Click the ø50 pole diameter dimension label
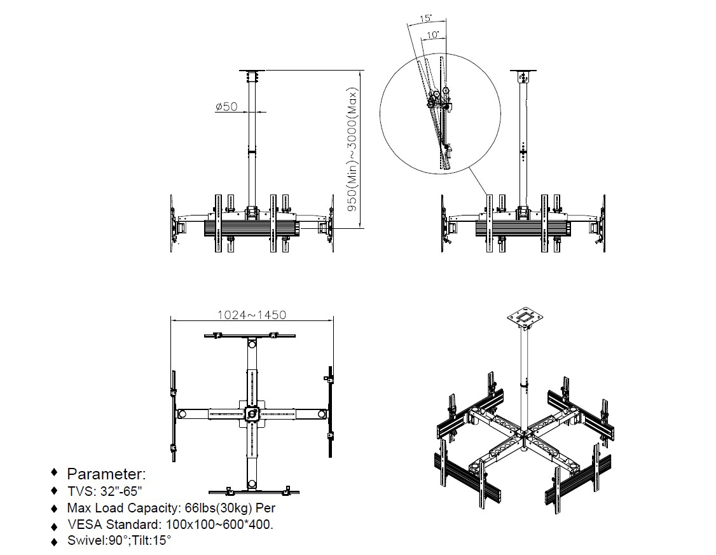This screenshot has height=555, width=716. coord(226,106)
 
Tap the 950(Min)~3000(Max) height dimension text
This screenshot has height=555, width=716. coord(352,149)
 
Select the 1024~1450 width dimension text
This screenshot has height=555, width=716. coord(252,315)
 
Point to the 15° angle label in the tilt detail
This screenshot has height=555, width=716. coord(425,18)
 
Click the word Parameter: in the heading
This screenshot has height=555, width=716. coord(106,474)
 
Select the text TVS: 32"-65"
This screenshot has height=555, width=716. coord(104,491)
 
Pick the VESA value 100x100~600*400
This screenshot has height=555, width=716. coord(219,524)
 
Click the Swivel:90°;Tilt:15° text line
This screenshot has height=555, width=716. coord(119,540)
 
